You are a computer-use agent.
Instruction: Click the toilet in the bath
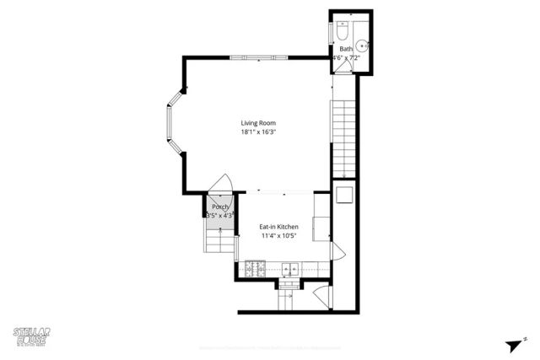pyautogui.click(x=343, y=30)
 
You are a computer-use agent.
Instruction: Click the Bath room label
pyautogui.click(x=346, y=49)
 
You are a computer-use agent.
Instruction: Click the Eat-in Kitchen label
pyautogui.click(x=279, y=227)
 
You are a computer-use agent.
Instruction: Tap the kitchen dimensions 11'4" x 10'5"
pyautogui.click(x=279, y=236)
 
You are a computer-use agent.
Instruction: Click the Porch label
pyautogui.click(x=220, y=207)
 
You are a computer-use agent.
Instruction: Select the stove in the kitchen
pyautogui.click(x=255, y=270)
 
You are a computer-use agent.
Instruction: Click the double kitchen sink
pyautogui.click(x=289, y=270)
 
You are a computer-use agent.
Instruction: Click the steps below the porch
pyautogui.click(x=218, y=242)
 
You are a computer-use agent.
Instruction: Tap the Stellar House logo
pyautogui.click(x=32, y=335)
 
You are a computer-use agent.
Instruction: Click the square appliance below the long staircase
pyautogui.click(x=344, y=195)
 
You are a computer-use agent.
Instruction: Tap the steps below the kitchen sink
pyautogui.click(x=289, y=290)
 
